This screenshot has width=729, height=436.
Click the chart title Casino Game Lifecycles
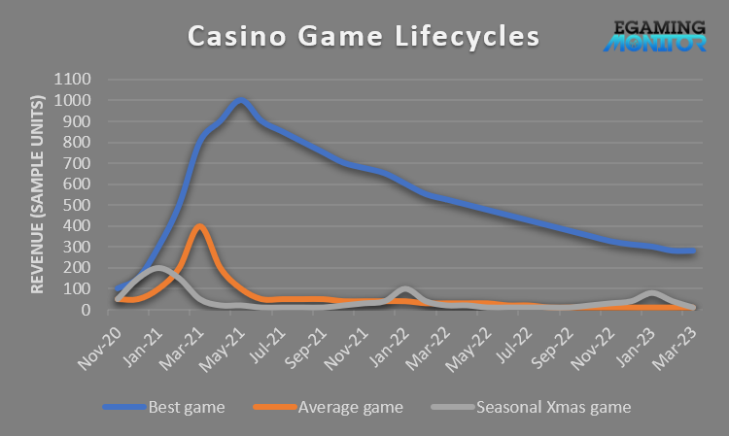(363, 37)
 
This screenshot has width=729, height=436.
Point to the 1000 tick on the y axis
(77, 100)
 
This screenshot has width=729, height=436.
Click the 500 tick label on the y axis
(81, 205)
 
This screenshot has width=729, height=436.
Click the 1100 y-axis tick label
(77, 79)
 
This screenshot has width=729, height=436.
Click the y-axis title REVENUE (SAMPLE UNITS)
(39, 194)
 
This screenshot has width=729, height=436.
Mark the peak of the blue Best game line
(240, 100)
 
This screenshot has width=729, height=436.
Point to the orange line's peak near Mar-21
(199, 226)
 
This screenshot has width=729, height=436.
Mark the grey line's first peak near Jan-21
(157, 268)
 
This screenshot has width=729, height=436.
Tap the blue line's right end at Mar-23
(693, 252)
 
